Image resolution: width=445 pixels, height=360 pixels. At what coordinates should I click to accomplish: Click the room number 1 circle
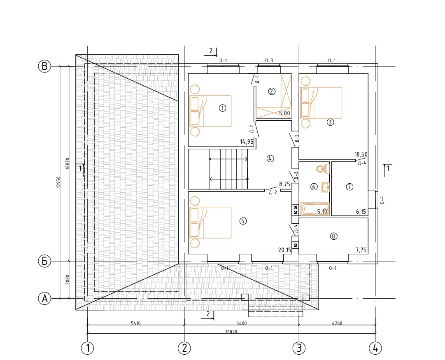(223, 108)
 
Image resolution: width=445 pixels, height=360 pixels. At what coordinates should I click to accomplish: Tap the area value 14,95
(247, 142)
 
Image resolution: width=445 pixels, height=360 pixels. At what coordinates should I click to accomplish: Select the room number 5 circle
(243, 221)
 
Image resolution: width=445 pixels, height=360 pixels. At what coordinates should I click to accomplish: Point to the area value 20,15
(284, 250)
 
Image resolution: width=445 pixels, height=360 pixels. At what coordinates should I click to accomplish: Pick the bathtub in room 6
(315, 209)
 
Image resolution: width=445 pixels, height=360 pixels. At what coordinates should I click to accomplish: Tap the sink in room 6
(325, 187)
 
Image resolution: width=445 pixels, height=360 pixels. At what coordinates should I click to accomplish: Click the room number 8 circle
(333, 236)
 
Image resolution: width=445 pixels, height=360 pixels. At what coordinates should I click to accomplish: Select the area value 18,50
(361, 154)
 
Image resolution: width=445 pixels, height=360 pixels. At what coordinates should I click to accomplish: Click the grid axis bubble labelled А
(44, 299)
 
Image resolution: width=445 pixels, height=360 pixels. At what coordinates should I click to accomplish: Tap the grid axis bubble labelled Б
(44, 261)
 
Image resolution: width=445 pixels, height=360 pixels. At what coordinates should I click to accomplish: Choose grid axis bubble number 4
(375, 348)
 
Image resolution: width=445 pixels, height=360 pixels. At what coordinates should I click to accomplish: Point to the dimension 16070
(231, 332)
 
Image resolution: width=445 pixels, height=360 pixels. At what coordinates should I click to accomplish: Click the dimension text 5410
(136, 323)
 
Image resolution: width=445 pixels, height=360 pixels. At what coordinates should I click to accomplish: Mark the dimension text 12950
(58, 182)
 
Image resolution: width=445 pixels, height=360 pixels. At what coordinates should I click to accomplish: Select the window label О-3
(269, 61)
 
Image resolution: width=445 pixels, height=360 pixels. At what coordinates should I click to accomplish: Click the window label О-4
(382, 200)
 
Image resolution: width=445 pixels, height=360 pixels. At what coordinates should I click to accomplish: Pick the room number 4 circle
(270, 159)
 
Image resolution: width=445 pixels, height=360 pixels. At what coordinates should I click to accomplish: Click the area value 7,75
(361, 250)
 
